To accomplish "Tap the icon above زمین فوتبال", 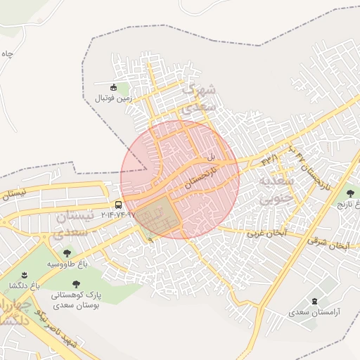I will (x=113, y=86).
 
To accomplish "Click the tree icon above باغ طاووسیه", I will (x=67, y=252).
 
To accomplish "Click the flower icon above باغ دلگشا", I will (x=23, y=274).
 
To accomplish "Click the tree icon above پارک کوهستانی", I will (x=76, y=284).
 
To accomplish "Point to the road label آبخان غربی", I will (x=265, y=232).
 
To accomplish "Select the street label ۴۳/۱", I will (x=269, y=161).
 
